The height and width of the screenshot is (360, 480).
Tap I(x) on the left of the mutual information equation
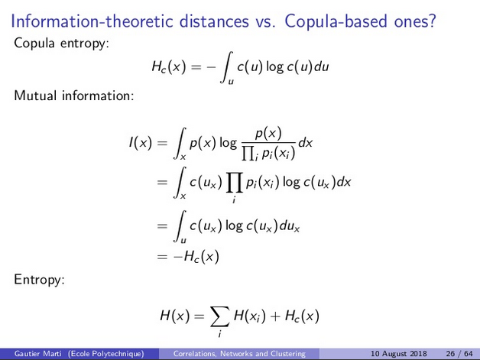pyautogui.click(x=141, y=143)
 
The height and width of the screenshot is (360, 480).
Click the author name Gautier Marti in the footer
pyautogui.click(x=38, y=354)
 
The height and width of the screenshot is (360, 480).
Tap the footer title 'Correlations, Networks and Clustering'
pyautogui.click(x=239, y=354)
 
